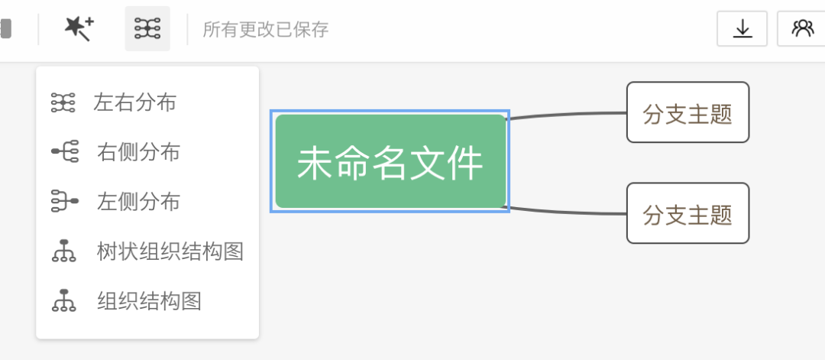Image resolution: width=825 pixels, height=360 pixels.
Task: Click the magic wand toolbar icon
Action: pyautogui.click(x=79, y=29)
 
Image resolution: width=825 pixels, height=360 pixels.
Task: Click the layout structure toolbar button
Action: pyautogui.click(x=147, y=29)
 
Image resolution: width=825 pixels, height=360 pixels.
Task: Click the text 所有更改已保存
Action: pyautogui.click(x=265, y=30)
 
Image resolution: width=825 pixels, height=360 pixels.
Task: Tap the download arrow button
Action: pyautogui.click(x=742, y=29)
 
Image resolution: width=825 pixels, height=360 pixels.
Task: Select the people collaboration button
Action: pyautogui.click(x=802, y=29)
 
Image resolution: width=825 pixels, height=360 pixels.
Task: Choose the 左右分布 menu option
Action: pyautogui.click(x=135, y=102)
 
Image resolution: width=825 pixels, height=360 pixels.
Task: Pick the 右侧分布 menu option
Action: pyautogui.click(x=138, y=152)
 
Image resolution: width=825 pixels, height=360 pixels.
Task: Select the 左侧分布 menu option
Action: pyautogui.click(x=138, y=202)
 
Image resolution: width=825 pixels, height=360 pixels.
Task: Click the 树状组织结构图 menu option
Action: pyautogui.click(x=170, y=251)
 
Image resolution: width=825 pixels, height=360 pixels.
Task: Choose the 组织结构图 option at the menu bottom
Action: pyautogui.click(x=149, y=301)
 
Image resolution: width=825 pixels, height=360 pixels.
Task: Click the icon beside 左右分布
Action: pyautogui.click(x=63, y=102)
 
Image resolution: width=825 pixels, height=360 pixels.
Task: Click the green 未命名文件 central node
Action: pyautogui.click(x=390, y=162)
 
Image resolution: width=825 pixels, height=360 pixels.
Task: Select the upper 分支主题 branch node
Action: pyautogui.click(x=687, y=113)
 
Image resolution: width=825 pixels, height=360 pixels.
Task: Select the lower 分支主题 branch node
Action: pyautogui.click(x=687, y=213)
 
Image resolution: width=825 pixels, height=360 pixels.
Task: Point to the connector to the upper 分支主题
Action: pyautogui.click(x=569, y=115)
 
